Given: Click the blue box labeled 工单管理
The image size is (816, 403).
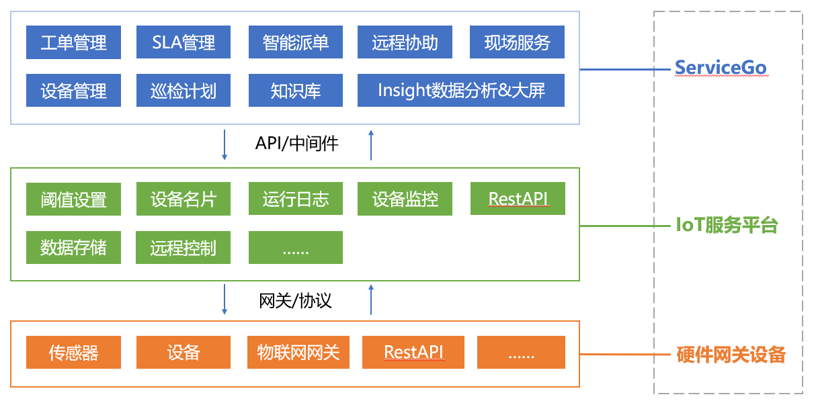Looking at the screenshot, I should [74, 42].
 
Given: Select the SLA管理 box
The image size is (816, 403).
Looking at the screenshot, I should [183, 42].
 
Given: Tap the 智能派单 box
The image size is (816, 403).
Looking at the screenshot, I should [296, 42].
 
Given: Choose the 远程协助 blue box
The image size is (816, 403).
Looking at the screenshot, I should [405, 42].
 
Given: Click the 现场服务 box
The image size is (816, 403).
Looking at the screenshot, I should [517, 42].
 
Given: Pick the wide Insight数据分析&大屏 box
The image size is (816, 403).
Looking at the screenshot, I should [461, 90].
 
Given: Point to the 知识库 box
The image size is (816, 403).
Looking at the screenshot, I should [296, 90].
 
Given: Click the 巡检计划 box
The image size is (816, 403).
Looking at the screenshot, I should [183, 90].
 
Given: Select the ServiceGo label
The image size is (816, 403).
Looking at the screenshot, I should [721, 68].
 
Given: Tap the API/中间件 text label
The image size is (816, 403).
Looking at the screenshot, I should [296, 143].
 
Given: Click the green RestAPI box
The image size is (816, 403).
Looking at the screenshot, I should [517, 199].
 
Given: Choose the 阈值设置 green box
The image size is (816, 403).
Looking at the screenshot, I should [74, 199].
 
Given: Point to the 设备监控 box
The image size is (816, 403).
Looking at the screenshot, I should [405, 199].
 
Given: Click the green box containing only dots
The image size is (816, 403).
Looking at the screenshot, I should [296, 248].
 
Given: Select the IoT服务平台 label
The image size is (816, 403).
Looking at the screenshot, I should [726, 225].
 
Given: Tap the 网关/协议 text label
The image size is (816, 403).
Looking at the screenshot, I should [296, 300].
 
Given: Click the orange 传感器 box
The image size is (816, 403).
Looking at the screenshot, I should [74, 352].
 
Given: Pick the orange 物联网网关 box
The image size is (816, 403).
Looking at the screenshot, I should [298, 352].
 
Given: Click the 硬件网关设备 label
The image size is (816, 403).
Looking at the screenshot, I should [730, 354].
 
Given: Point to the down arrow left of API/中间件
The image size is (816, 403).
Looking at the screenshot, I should [225, 145].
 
